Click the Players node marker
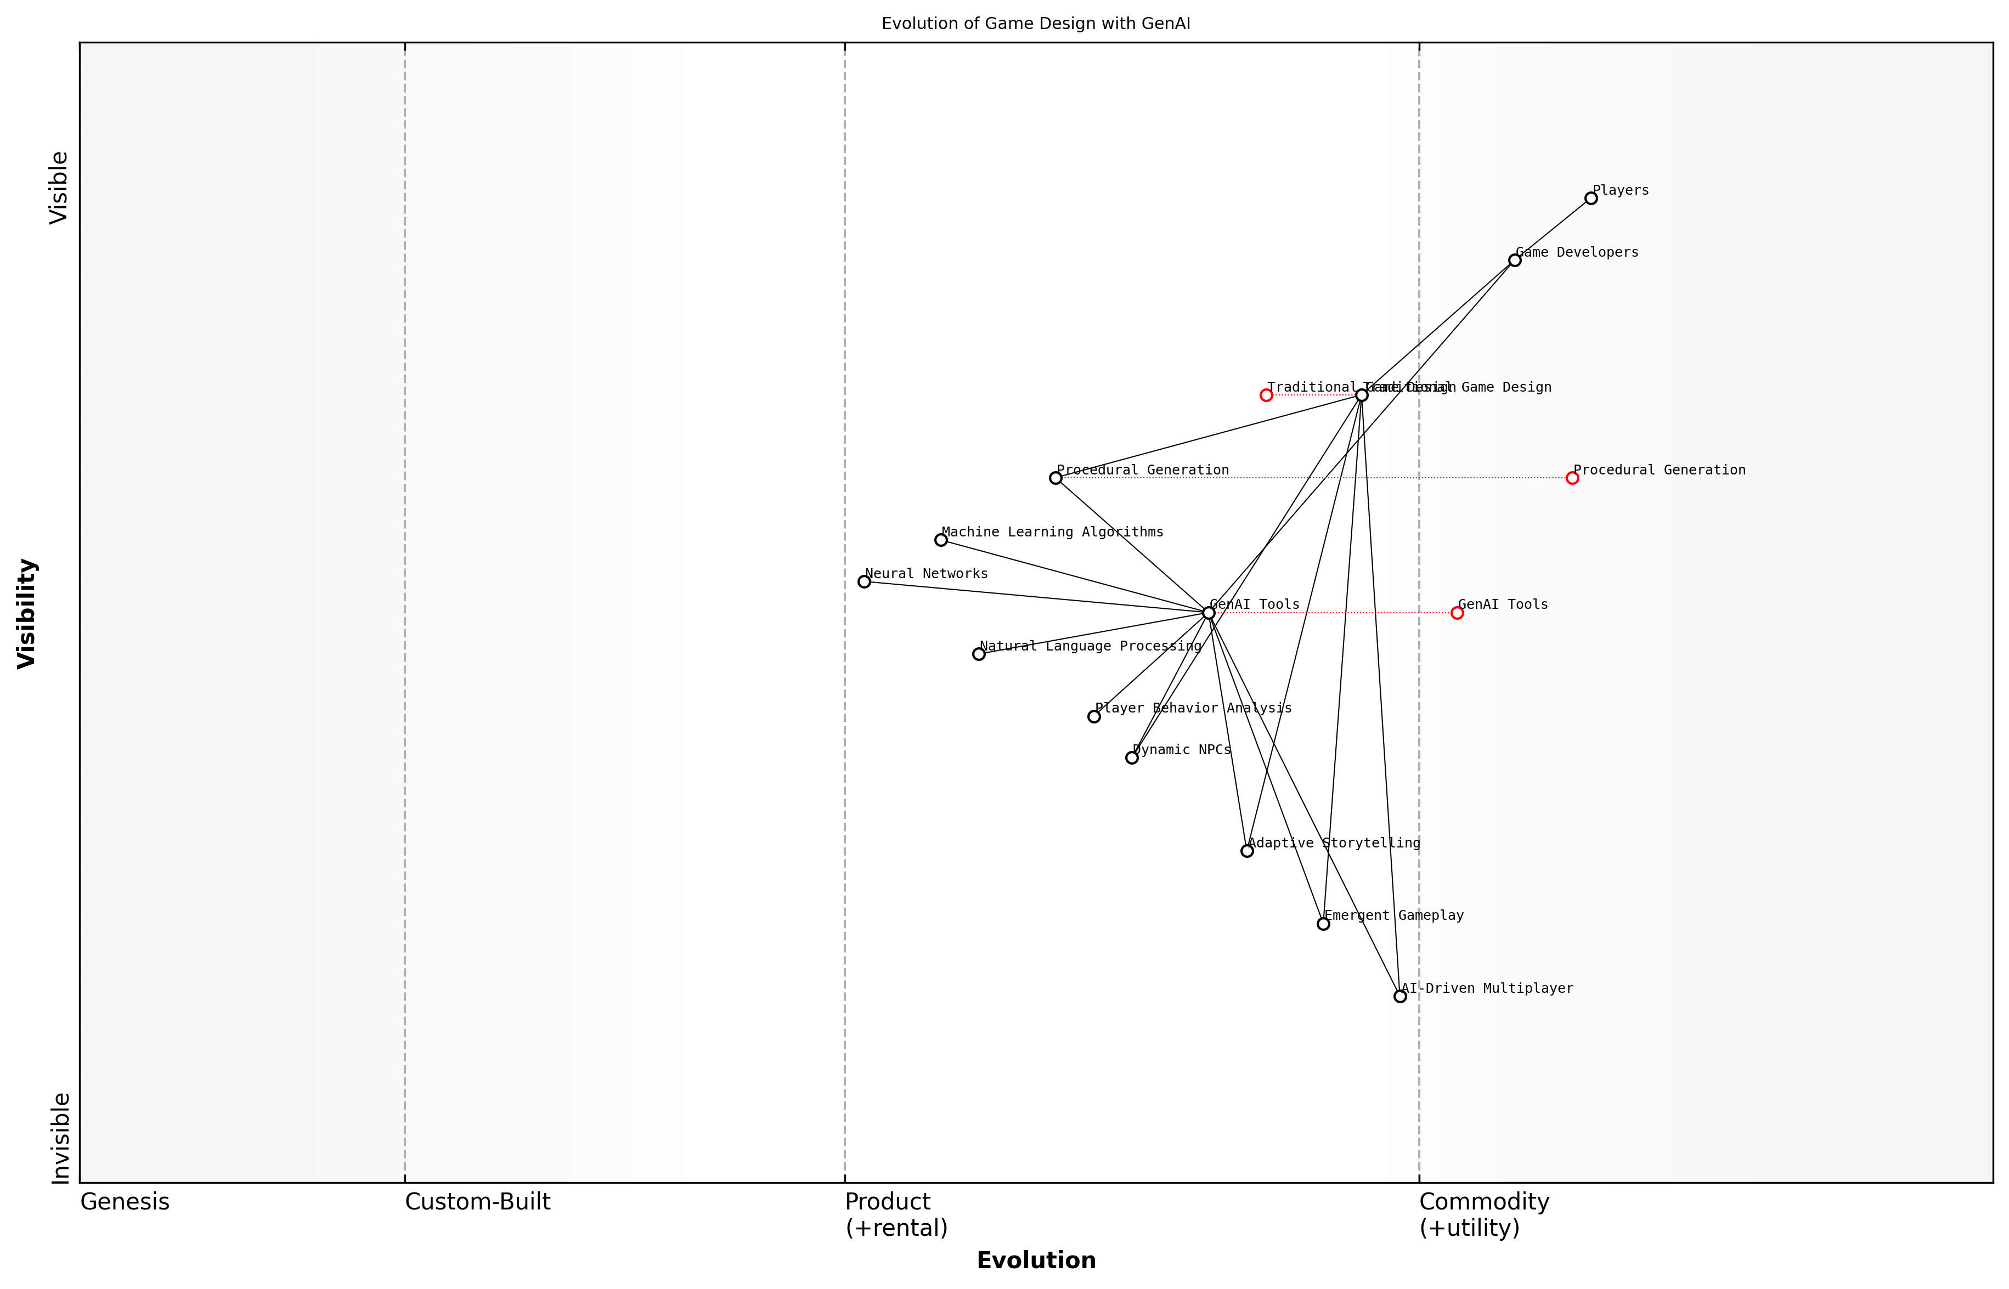1590,199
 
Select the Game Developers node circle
1514,261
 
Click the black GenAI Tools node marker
1209,613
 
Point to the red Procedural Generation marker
1572,478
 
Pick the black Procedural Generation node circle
1056,478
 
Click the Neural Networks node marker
864,582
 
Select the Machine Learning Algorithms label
1052,533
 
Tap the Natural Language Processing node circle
979,654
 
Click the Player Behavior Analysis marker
1094,716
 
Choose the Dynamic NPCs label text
1181,750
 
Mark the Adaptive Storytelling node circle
1247,851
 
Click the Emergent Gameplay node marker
1323,924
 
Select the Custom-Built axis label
477,1202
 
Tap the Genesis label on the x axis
125,1202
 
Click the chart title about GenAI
1035,24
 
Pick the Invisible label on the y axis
60,1138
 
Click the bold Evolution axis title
1035,1260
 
